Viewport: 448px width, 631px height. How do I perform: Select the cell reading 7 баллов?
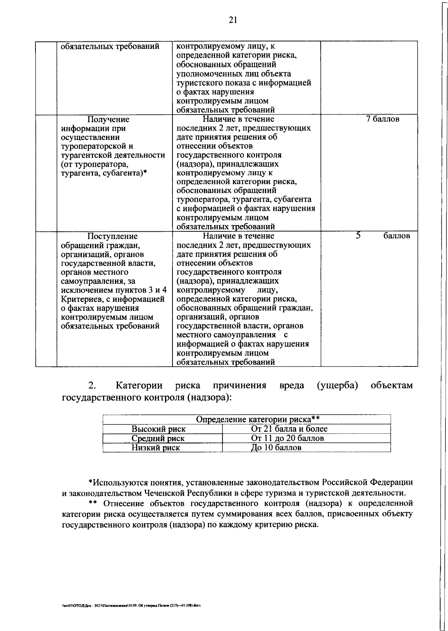tap(383, 119)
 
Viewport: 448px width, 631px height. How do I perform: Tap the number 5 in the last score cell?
tap(358, 236)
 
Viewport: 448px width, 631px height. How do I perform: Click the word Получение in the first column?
tap(108, 119)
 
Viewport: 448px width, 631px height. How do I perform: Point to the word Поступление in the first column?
tap(112, 236)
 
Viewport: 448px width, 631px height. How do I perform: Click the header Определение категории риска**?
tap(258, 419)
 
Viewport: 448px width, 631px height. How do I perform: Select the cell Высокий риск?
tap(158, 429)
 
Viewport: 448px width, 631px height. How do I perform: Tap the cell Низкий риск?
tap(156, 447)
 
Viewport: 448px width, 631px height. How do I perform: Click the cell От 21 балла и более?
tap(289, 429)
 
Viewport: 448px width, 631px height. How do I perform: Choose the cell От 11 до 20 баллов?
tap(287, 438)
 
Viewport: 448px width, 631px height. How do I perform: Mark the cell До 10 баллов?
tap(276, 447)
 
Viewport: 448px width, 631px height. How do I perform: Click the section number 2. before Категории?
tap(92, 385)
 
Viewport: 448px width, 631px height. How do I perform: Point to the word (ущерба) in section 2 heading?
tap(337, 385)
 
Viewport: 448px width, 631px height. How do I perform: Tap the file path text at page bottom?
tap(131, 605)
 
